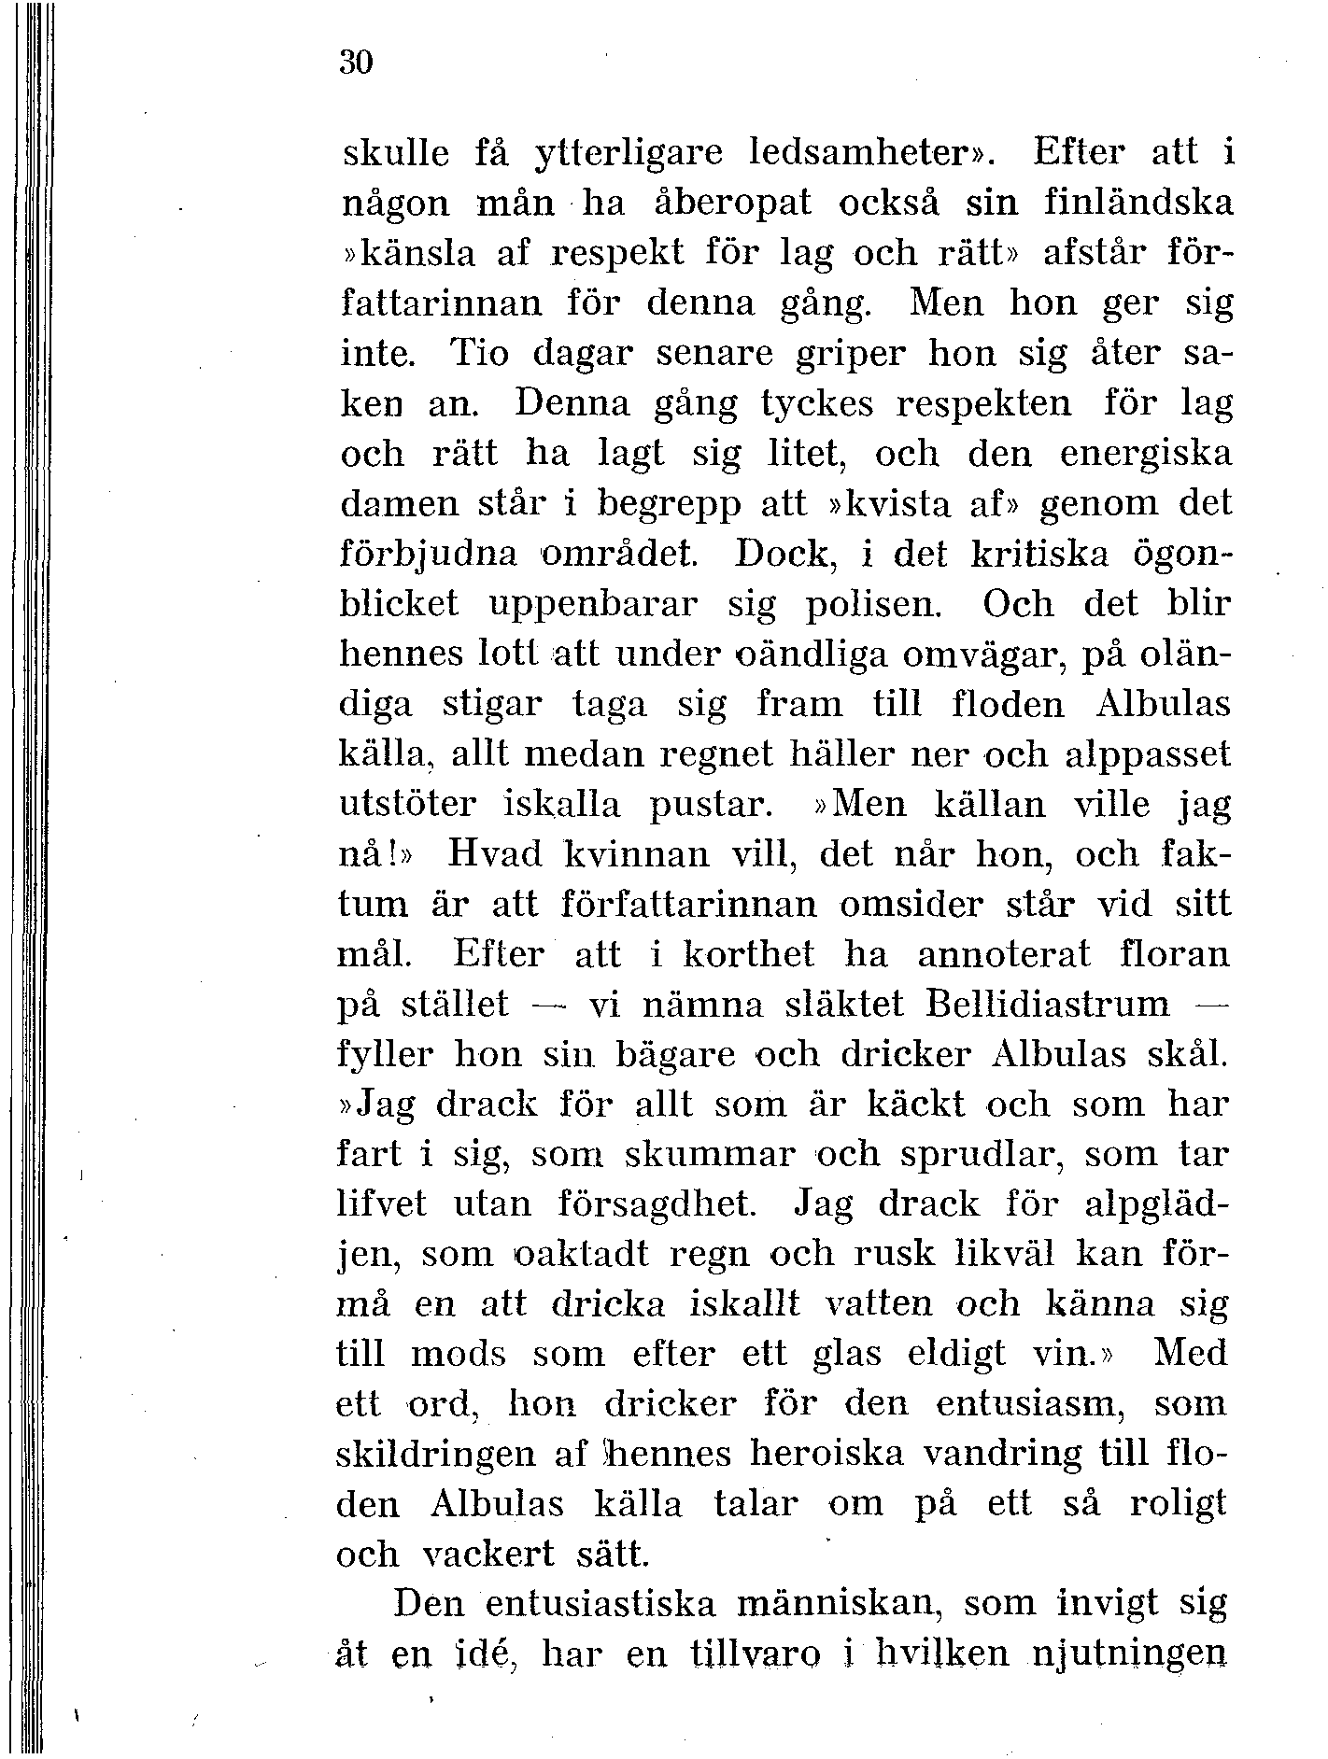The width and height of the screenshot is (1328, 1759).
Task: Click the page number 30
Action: pyautogui.click(x=356, y=63)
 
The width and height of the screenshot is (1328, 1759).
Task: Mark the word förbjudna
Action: pyautogui.click(x=428, y=556)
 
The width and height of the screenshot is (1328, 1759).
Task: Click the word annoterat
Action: pyautogui.click(x=1004, y=954)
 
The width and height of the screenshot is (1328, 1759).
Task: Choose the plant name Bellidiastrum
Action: pyautogui.click(x=1049, y=1005)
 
